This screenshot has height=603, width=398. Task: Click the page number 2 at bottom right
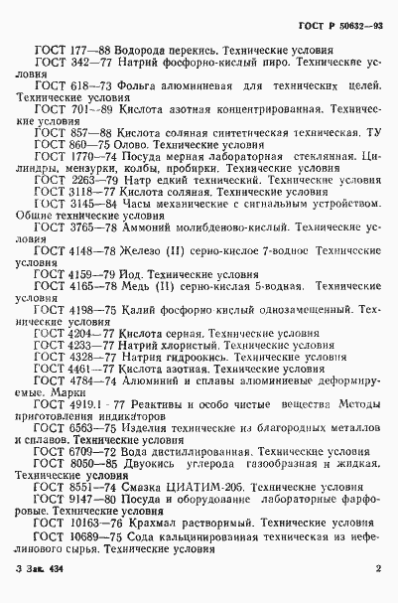click(x=379, y=569)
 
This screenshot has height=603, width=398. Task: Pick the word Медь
click(x=139, y=285)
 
